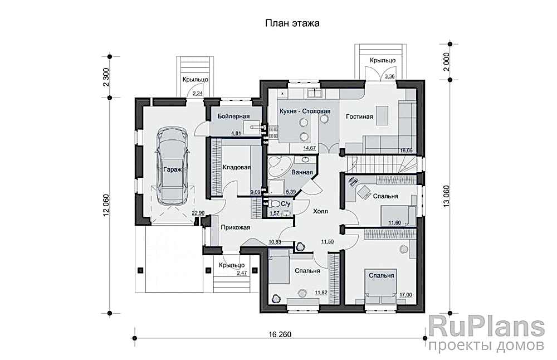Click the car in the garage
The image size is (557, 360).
pyautogui.click(x=172, y=166)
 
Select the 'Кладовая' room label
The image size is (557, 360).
pyautogui.click(x=236, y=167)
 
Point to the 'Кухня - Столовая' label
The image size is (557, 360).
pyautogui.click(x=305, y=111)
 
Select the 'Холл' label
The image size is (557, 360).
pyautogui.click(x=320, y=212)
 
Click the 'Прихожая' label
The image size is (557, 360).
pyautogui.click(x=235, y=227)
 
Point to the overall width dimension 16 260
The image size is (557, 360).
pyautogui.click(x=280, y=334)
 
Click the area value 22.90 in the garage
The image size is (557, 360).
pyautogui.click(x=198, y=213)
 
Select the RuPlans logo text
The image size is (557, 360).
pyautogui.click(x=486, y=326)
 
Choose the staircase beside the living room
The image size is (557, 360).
pyautogui.click(x=381, y=164)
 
